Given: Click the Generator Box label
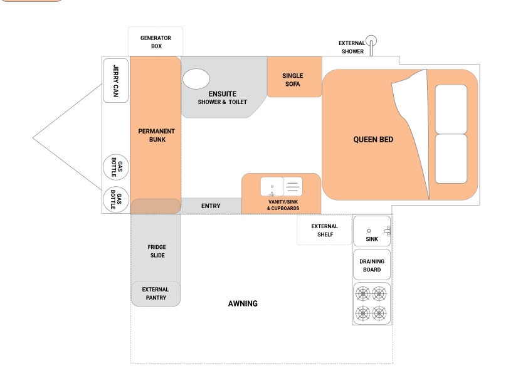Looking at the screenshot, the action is point(156,42).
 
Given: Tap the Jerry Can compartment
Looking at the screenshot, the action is point(115,80).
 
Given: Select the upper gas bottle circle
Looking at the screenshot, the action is point(116,167).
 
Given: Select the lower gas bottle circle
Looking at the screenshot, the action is point(116,199).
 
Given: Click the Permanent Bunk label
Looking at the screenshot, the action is point(157,135).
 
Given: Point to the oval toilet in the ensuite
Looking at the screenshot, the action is point(196,79).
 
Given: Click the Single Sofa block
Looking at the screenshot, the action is point(294,76).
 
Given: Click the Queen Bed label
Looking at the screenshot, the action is point(373,139).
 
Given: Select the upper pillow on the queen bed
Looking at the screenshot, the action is point(451,110).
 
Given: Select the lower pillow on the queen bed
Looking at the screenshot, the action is point(451,159).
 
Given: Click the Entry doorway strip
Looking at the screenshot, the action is point(211,206).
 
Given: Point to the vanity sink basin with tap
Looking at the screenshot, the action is point(272,187).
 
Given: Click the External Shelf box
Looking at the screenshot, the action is point(324,230).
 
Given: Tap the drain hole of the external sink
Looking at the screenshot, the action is point(369,231).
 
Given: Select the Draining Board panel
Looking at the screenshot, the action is point(372,265).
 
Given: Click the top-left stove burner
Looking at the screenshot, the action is point(362,294).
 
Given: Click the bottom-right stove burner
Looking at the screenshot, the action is point(379,313).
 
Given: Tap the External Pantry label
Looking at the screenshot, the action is point(156,293).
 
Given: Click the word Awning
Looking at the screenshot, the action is point(243,303).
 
